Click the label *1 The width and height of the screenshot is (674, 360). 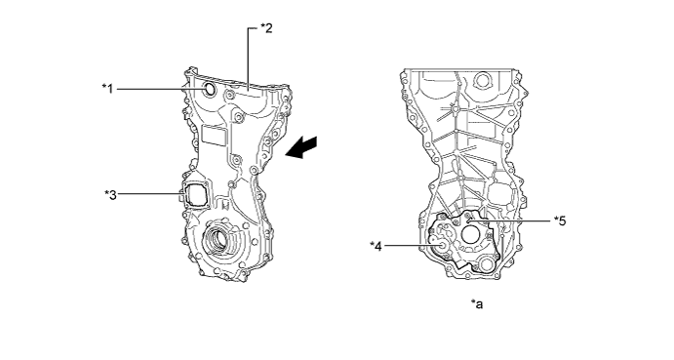107,89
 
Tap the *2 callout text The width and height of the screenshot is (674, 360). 266,28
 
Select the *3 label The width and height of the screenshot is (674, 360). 110,194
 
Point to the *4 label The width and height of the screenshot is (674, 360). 376,247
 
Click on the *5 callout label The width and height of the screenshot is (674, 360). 560,220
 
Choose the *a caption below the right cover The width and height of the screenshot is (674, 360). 477,304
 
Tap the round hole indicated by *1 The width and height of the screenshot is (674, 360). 210,89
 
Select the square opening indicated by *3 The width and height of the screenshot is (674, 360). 195,194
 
